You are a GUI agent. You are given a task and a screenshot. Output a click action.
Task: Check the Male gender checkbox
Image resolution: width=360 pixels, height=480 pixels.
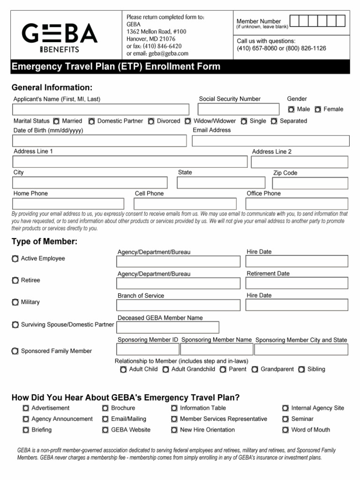tap(291, 109)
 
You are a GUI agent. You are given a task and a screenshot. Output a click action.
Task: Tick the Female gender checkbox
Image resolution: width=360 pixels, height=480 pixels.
tap(318, 109)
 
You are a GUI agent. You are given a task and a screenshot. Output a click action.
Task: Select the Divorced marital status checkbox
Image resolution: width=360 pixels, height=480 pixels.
tap(151, 121)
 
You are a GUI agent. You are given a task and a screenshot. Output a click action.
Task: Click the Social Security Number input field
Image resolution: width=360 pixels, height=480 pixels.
tap(239, 109)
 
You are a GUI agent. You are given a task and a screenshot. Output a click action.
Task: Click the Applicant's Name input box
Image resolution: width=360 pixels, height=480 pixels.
tap(101, 109)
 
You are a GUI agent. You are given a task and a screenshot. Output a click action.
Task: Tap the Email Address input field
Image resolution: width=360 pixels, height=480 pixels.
tap(270, 141)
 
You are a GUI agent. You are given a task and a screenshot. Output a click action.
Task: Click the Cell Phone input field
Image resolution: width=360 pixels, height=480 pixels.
tap(186, 204)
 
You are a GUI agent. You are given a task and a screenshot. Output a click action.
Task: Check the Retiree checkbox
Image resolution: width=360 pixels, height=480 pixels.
tap(15, 280)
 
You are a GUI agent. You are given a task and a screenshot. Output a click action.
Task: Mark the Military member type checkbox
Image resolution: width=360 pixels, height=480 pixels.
tap(15, 302)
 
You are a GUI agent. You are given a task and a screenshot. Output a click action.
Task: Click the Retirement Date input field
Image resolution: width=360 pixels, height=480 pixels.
tap(297, 283)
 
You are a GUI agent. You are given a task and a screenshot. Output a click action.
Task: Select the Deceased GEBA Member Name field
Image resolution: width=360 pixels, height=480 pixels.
tap(168, 327)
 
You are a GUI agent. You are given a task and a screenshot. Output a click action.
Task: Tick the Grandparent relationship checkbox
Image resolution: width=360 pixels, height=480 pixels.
tap(255, 369)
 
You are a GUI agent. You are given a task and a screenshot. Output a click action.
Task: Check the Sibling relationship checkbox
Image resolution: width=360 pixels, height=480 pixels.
tap(301, 369)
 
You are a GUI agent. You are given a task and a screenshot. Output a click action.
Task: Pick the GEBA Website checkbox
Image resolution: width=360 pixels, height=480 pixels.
tap(105, 430)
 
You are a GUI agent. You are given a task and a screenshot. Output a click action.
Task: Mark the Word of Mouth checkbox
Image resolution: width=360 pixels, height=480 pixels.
tap(285, 430)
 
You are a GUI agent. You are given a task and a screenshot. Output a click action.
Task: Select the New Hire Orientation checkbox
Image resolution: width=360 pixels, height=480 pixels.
tap(174, 430)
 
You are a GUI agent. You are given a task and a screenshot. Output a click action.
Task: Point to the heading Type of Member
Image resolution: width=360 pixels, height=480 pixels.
tap(45, 241)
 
